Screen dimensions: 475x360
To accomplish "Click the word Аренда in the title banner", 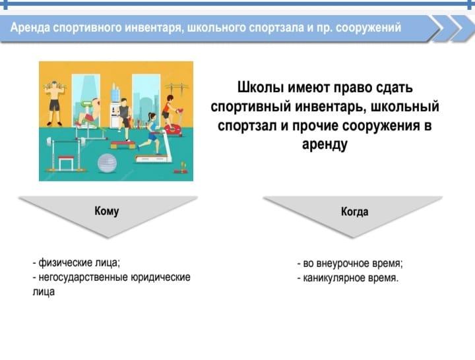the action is [30, 28].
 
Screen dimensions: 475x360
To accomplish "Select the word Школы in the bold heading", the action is [260, 88].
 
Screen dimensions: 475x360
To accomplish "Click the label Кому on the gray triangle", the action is [107, 211].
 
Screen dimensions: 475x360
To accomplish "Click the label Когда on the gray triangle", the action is [355, 212].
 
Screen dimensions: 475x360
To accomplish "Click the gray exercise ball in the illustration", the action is [108, 163].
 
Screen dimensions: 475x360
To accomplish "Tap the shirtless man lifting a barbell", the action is [54, 103].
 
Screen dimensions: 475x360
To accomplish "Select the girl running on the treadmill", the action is [150, 133].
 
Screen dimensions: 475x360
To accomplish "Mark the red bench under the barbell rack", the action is [66, 162].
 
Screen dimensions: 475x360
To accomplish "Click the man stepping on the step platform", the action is [125, 119].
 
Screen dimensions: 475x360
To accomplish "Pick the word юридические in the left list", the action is [160, 277].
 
